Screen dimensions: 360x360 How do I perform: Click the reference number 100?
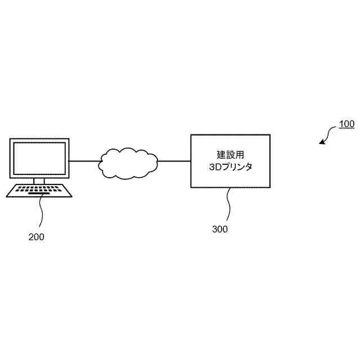(346, 124)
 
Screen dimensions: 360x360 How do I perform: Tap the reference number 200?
(36, 237)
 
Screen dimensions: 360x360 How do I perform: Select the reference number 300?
(220, 229)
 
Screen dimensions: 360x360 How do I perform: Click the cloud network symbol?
(129, 163)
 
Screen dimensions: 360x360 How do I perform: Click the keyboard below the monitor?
(39, 191)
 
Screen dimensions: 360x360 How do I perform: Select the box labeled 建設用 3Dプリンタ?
(230, 161)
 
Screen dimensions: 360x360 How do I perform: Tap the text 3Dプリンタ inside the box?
(230, 167)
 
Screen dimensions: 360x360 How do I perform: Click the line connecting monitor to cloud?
(84, 161)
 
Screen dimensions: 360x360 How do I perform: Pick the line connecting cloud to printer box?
(174, 161)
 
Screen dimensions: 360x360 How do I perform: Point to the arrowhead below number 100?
(322, 142)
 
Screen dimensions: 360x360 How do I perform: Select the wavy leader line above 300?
(228, 204)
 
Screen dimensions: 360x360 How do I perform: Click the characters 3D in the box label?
(213, 167)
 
